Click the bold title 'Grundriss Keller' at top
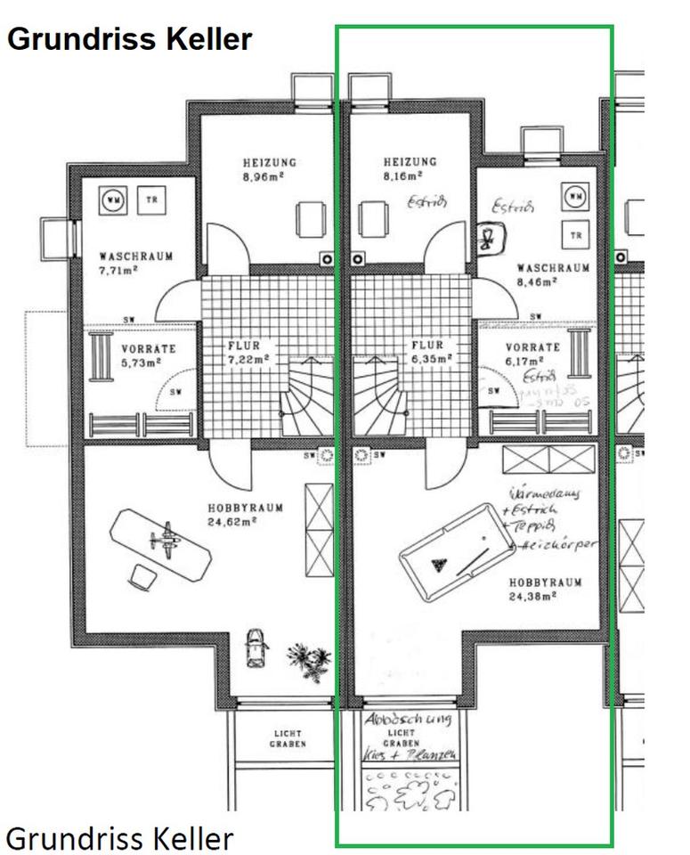[130, 39]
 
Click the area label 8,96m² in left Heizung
[269, 177]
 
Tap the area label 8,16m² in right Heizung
[410, 176]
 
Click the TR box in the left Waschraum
[150, 200]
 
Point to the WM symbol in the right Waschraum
[576, 196]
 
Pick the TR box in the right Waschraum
[576, 234]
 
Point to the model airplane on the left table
[163, 541]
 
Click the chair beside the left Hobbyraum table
[141, 576]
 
